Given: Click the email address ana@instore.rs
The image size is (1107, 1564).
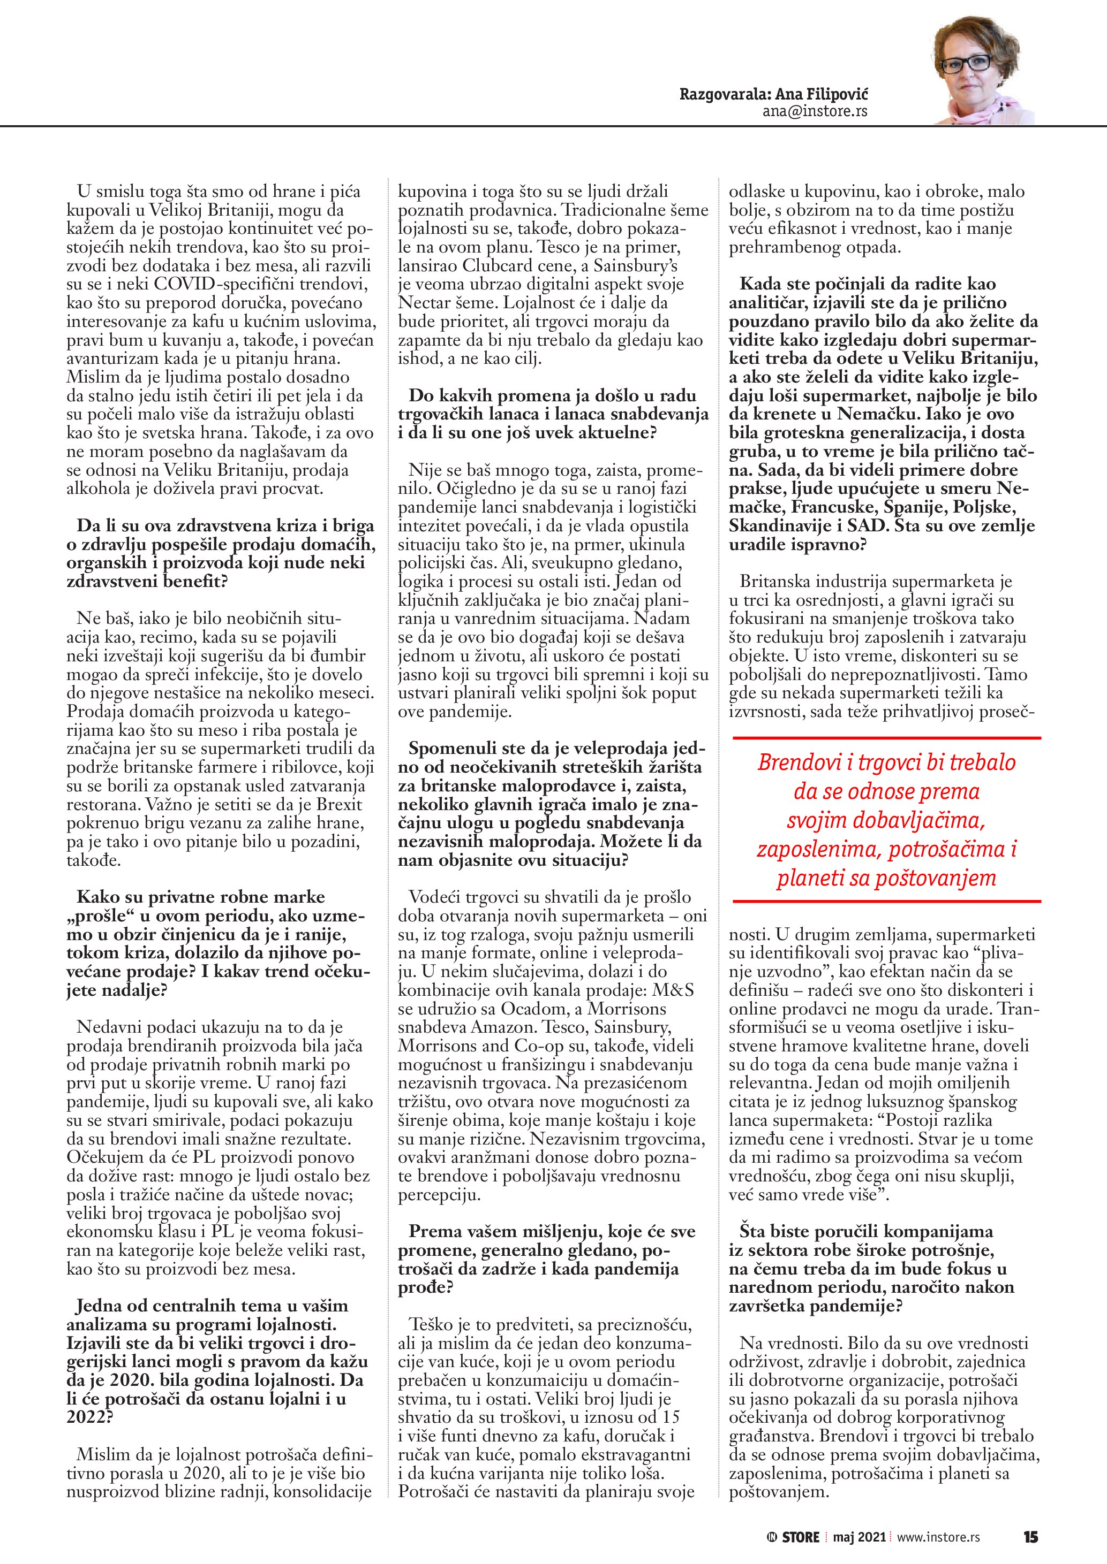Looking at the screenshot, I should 815,111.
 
